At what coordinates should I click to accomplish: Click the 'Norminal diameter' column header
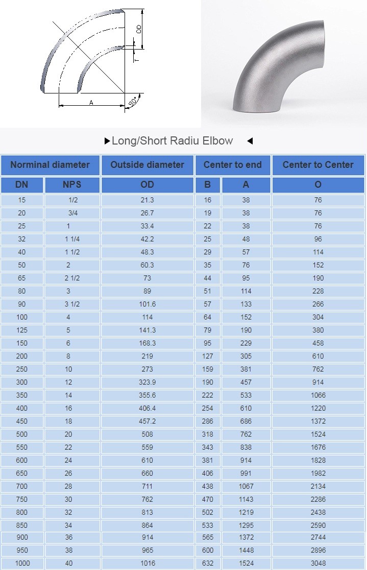point(50,165)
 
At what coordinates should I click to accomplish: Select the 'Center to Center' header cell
point(318,165)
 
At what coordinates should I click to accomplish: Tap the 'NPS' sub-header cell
point(72,185)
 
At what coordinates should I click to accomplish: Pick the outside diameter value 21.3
point(147,200)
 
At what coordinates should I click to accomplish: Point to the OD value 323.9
point(147,382)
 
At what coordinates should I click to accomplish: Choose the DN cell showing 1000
point(21,563)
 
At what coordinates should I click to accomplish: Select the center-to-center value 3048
point(318,563)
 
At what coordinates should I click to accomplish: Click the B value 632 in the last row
point(207,563)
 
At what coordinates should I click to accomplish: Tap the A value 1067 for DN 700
point(246,486)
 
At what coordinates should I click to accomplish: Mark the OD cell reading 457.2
point(147,421)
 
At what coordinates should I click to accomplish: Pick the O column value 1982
point(318,473)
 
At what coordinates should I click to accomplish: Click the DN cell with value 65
point(21,278)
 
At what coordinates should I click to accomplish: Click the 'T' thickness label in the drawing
point(136,59)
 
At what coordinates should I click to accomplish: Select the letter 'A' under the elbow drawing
point(91,103)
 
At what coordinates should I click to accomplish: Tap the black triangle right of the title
point(250,141)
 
